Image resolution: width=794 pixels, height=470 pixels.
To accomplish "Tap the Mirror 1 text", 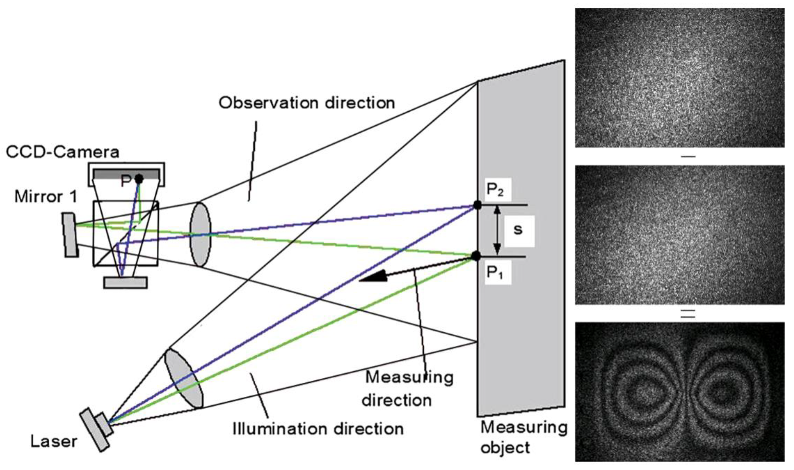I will (46, 197).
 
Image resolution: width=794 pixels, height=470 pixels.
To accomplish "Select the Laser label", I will (54, 441).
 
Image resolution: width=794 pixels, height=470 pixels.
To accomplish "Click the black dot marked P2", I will (477, 205).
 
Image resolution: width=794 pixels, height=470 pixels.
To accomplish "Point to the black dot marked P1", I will (476, 256).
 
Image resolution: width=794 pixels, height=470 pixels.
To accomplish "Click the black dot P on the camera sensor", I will (139, 179).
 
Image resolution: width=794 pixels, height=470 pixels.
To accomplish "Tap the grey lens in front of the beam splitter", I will (200, 235).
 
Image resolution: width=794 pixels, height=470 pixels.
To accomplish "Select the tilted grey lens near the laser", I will (183, 379).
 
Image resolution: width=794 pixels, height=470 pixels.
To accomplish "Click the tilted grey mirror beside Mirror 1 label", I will (70, 235).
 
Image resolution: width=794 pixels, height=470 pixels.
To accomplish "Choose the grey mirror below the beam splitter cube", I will (126, 283).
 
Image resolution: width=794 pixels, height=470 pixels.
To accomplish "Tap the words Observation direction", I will (307, 103).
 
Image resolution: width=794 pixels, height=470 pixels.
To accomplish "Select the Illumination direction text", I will (318, 429).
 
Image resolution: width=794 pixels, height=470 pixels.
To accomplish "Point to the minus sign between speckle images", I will (688, 156).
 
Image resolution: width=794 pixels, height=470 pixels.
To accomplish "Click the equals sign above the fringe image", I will (688, 313).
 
